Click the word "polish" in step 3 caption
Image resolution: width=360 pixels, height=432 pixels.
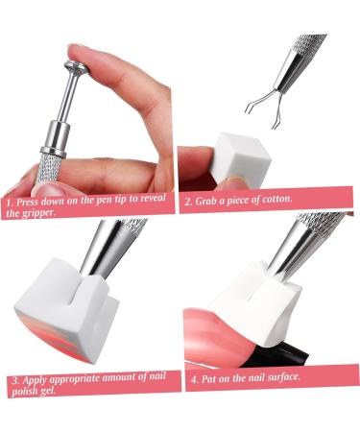click(x=27, y=393)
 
